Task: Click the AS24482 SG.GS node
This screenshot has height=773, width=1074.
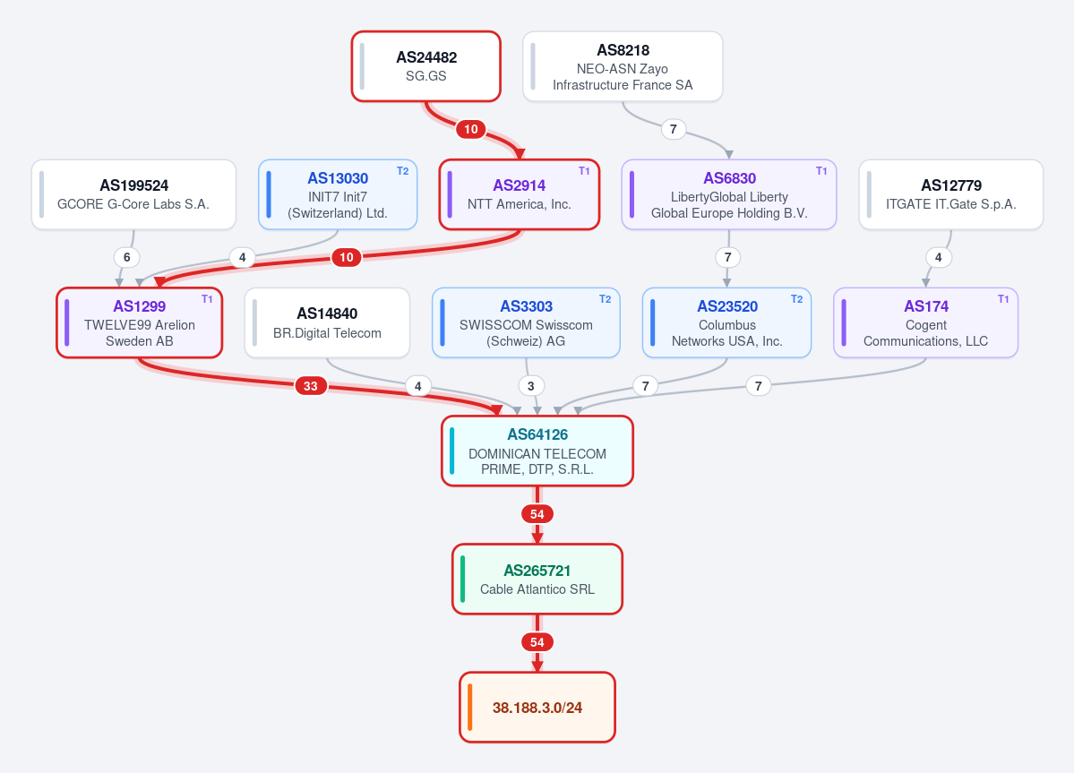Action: coord(426,66)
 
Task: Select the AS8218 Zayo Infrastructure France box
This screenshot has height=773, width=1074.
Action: coord(623,66)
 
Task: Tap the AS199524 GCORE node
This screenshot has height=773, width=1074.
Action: coord(133,194)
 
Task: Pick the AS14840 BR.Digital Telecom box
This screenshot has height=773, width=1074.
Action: coord(328,322)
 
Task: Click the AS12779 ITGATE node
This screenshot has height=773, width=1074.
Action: coord(950,194)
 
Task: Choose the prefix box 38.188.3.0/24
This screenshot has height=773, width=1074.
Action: coord(537,708)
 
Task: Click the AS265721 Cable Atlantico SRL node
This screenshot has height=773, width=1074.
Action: coord(537,580)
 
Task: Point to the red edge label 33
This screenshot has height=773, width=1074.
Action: coord(310,386)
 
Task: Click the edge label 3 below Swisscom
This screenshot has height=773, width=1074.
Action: coord(531,386)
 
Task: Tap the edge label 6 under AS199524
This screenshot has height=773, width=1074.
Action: coord(126,257)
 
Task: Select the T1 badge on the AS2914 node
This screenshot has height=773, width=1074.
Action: coord(584,171)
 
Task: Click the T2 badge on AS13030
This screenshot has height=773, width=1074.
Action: coord(403,171)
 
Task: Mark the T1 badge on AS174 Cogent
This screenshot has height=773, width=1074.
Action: coord(1003,299)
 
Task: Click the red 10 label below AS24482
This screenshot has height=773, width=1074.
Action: coord(471,129)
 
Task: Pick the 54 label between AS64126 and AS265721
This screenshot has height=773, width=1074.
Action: coord(537,514)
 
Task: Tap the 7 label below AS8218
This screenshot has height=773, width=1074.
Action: coord(674,129)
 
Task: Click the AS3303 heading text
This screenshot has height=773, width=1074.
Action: coord(526,306)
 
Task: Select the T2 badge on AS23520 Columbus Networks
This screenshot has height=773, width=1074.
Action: coord(796,299)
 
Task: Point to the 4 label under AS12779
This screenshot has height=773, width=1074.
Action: coord(939,257)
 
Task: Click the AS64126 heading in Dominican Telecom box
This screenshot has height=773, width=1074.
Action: coord(537,434)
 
